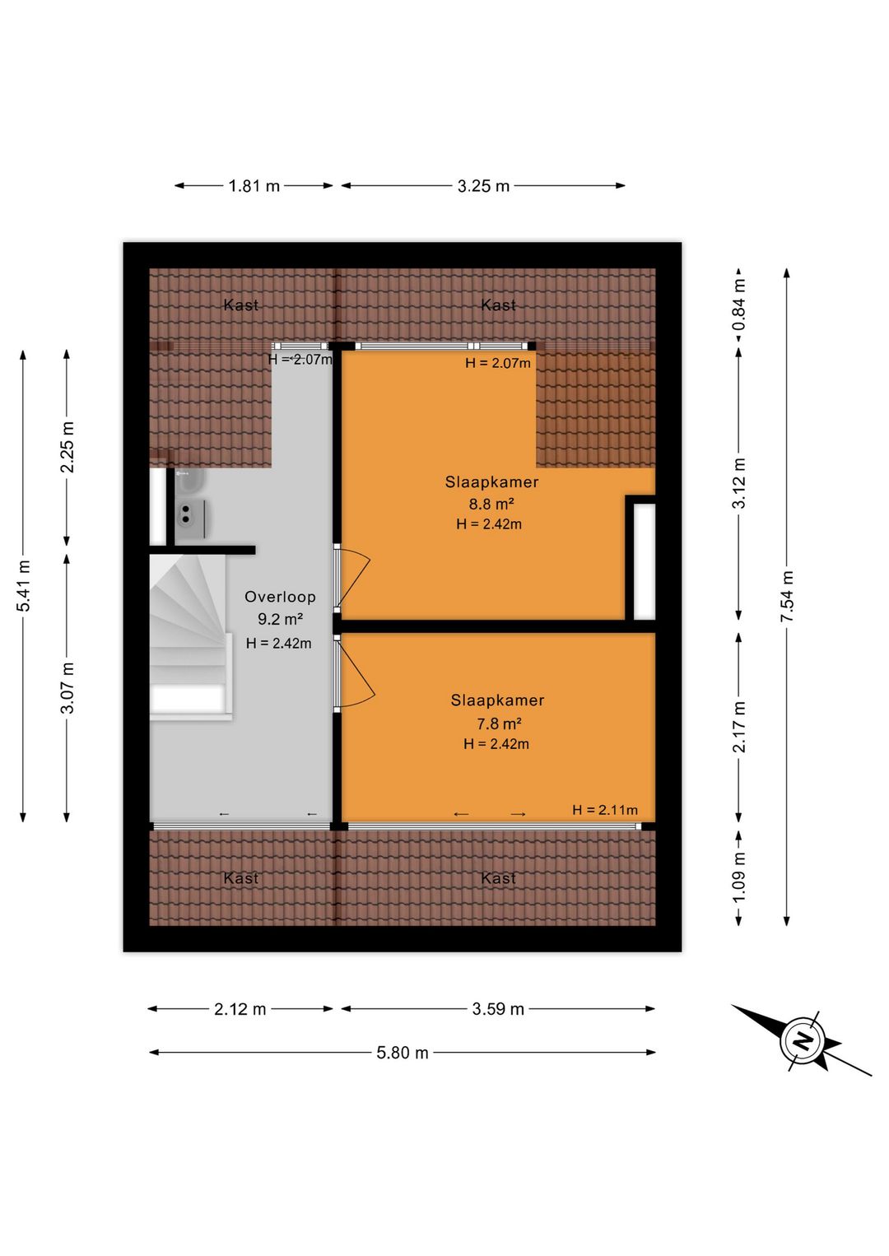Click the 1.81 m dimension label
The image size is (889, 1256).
point(254,185)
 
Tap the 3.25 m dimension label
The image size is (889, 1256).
point(483,185)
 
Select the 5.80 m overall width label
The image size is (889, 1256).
point(403,1053)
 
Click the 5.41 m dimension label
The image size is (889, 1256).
point(23,585)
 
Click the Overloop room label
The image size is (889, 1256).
point(280,597)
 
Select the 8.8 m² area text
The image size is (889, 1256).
point(491,504)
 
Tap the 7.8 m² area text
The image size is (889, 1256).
point(499,723)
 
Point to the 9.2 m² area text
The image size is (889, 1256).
point(280,619)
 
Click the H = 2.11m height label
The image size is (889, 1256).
point(605,810)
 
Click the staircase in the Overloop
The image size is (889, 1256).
point(191,635)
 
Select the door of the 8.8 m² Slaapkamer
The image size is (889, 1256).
point(352,578)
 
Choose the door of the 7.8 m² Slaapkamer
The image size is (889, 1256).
point(354,673)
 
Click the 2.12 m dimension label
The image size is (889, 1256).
point(240,1009)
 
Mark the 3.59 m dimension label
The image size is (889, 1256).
point(497,1009)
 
